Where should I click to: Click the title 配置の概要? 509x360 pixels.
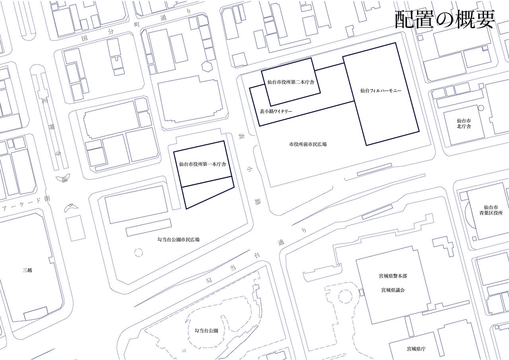[445, 19]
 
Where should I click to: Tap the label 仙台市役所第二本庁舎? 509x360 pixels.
[291, 83]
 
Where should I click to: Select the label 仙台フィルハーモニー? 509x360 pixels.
[381, 91]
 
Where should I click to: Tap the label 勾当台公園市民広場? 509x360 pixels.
[179, 239]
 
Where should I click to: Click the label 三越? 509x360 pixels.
[27, 270]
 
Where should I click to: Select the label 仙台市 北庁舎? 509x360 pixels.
[464, 123]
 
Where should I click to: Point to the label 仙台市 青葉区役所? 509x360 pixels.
[491, 210]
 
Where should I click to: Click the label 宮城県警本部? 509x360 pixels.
[393, 276]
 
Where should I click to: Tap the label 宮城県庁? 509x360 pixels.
[416, 349]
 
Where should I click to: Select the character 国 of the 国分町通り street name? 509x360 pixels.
[84, 39]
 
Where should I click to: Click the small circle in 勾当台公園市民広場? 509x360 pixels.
[139, 252]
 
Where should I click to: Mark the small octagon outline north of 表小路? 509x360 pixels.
[208, 66]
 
